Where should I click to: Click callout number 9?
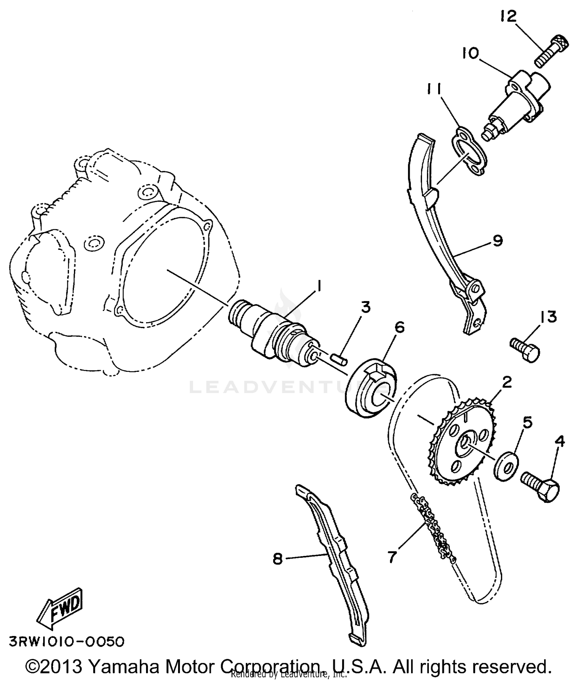point(497,241)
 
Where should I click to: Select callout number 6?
point(400,327)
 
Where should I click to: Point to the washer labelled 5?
point(506,466)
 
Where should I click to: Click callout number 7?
point(392,557)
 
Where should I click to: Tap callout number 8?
point(277,559)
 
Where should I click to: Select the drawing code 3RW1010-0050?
point(67,642)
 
